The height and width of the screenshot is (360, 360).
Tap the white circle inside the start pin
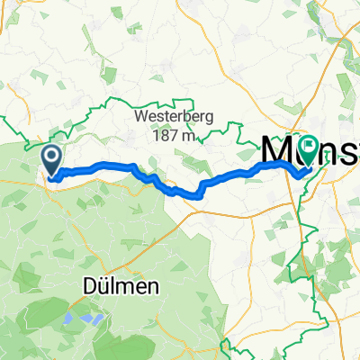52,157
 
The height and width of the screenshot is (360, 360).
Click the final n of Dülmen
155,262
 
